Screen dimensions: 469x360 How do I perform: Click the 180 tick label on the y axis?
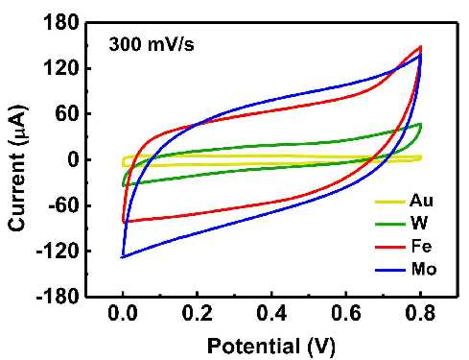(x=60, y=23)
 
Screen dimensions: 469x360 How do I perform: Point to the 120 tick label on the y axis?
(x=60, y=68)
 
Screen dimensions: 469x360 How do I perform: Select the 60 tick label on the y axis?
(x=67, y=114)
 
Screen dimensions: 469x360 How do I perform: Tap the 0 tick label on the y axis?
(x=73, y=159)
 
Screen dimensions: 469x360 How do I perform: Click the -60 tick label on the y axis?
(x=63, y=205)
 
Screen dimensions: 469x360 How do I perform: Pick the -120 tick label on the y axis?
(x=58, y=252)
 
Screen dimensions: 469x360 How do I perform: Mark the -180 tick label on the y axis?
(x=58, y=297)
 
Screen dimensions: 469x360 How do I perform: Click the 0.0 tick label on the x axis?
(x=123, y=313)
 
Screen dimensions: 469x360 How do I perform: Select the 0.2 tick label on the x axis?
(x=198, y=313)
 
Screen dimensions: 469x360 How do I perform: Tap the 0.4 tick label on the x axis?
(x=271, y=313)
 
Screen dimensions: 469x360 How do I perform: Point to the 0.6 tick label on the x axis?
(x=346, y=313)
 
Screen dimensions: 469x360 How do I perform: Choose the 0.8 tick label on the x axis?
(x=420, y=313)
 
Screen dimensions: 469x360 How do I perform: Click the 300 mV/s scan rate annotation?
(x=152, y=44)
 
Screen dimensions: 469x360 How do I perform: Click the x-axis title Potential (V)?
(x=271, y=347)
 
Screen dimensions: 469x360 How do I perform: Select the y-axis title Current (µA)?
(x=17, y=167)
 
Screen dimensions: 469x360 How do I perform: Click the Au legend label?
(x=421, y=201)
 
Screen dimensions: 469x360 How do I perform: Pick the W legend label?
(x=419, y=224)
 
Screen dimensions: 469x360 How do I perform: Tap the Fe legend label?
(x=421, y=246)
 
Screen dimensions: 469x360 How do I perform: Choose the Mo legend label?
(x=424, y=269)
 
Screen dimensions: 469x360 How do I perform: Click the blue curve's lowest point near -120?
(x=122, y=257)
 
